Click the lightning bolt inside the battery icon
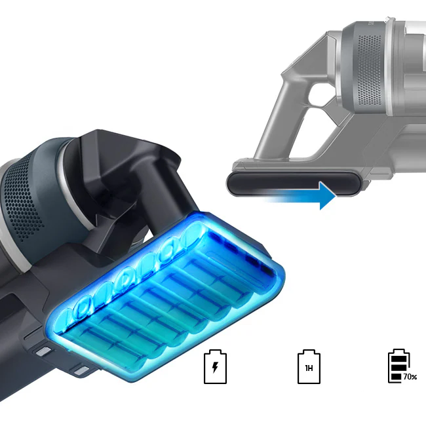[x=215, y=367]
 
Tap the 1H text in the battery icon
[x=309, y=368]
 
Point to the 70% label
[x=410, y=377]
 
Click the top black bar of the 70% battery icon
[x=399, y=358]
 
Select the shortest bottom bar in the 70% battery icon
[x=397, y=377]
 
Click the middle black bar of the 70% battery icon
[x=399, y=368]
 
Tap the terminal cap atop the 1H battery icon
[x=309, y=351]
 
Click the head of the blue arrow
[x=328, y=195]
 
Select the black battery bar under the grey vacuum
[x=294, y=184]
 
